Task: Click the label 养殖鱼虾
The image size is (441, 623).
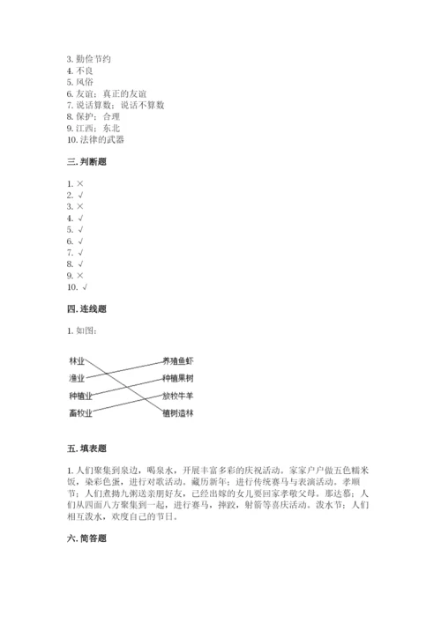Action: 178,361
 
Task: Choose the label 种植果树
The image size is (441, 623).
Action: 178,378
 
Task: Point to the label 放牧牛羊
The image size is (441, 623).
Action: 178,395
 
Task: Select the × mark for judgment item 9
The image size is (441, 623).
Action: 80,275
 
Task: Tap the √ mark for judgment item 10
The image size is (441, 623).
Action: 85,286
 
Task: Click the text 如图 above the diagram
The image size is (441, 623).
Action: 86,330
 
